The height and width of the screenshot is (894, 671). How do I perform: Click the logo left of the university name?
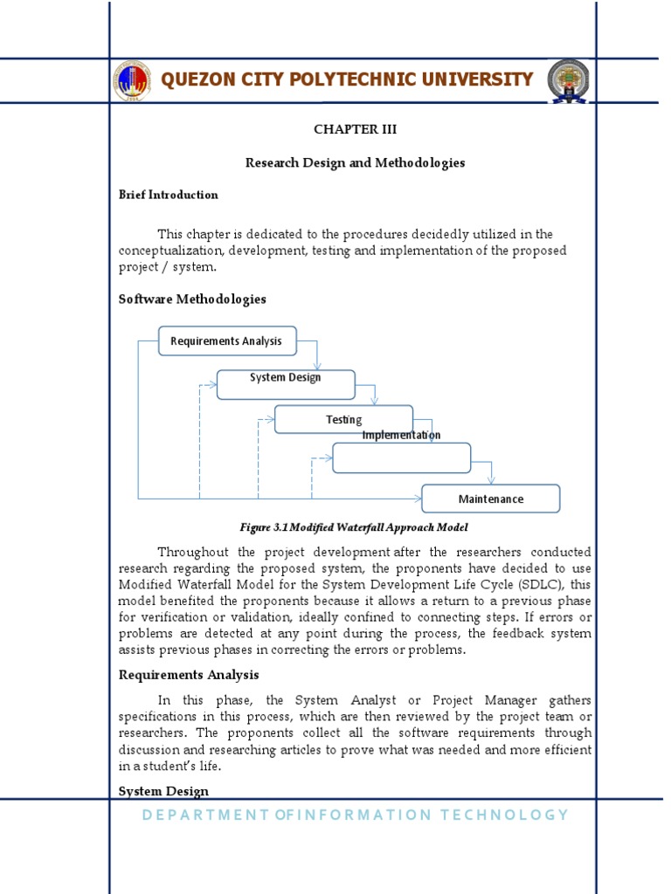pyautogui.click(x=131, y=80)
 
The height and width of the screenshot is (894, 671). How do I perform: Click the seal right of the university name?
pyautogui.click(x=568, y=80)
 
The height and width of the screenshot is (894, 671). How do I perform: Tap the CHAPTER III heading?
pyautogui.click(x=355, y=129)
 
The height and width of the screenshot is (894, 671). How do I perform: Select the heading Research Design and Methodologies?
pyautogui.click(x=355, y=162)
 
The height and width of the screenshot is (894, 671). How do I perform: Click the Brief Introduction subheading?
pyautogui.click(x=169, y=195)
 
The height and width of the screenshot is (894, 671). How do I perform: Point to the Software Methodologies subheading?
pyautogui.click(x=192, y=299)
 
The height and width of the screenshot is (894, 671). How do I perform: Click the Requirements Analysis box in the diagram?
pyautogui.click(x=226, y=340)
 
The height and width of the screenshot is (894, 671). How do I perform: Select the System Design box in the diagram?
pyautogui.click(x=286, y=383)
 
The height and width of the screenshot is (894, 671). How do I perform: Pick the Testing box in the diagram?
pyautogui.click(x=343, y=419)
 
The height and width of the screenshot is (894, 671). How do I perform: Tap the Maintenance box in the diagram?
pyautogui.click(x=491, y=499)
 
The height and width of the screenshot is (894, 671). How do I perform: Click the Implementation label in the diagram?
pyautogui.click(x=401, y=435)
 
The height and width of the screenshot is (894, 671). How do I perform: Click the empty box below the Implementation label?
pyautogui.click(x=401, y=457)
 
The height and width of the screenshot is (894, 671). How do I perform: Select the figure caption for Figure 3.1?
pyautogui.click(x=354, y=527)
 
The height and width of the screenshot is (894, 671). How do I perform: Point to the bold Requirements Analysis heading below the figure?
pyautogui.click(x=189, y=675)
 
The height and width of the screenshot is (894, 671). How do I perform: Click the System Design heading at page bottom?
pyautogui.click(x=163, y=791)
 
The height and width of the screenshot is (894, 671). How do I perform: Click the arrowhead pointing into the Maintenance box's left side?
pyautogui.click(x=418, y=499)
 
